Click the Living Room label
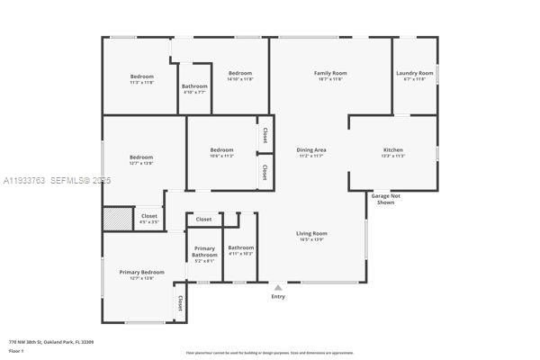pos(311,236)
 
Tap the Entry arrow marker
pos(278,287)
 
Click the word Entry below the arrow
pos(278,296)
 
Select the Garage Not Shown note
pos(385,198)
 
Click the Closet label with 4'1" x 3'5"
pos(148,218)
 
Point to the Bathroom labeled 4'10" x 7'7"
pos(194,88)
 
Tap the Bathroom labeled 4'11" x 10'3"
pos(240,250)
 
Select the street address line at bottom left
pos(51,342)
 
